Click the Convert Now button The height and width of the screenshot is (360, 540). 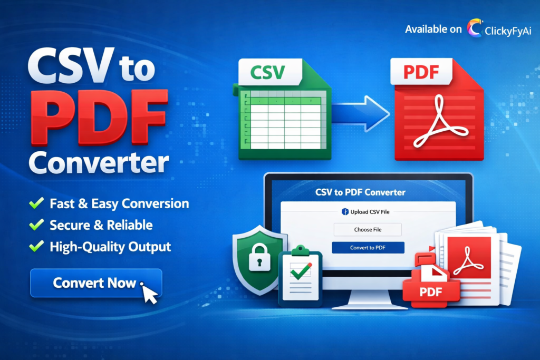(95, 283)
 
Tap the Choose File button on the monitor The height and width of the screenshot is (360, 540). (368, 229)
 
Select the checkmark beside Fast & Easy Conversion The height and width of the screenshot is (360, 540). (36, 203)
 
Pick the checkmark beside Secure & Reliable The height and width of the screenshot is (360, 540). (36, 225)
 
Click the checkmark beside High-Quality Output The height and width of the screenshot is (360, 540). (36, 246)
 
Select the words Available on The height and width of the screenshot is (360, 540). (433, 29)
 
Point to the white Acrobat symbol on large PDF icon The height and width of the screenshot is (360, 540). (438, 124)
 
